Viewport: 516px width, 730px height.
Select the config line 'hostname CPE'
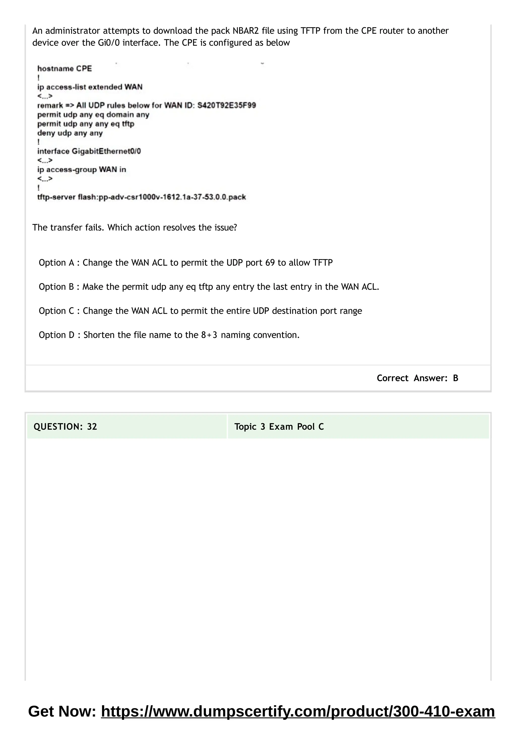(x=64, y=69)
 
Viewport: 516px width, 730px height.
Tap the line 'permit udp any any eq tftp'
(x=86, y=124)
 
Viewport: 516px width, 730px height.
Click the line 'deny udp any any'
(x=70, y=133)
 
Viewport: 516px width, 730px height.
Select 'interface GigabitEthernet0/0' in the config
(x=89, y=151)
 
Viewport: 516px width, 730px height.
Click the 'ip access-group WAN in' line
(x=82, y=170)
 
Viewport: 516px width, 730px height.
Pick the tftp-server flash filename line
(x=142, y=197)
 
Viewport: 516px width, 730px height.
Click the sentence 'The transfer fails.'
(x=68, y=228)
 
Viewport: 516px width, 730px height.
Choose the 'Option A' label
(x=56, y=263)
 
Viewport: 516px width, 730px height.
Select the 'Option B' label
(x=56, y=287)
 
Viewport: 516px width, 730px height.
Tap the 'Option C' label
(x=56, y=311)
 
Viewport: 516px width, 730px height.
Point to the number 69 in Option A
(x=270, y=263)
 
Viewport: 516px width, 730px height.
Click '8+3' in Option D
(x=209, y=335)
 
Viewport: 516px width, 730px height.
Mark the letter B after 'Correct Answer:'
(x=455, y=378)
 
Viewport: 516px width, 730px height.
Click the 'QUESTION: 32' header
(x=65, y=427)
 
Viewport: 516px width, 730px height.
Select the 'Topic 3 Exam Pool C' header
(x=279, y=427)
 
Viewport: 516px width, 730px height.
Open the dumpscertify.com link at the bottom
(x=298, y=712)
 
